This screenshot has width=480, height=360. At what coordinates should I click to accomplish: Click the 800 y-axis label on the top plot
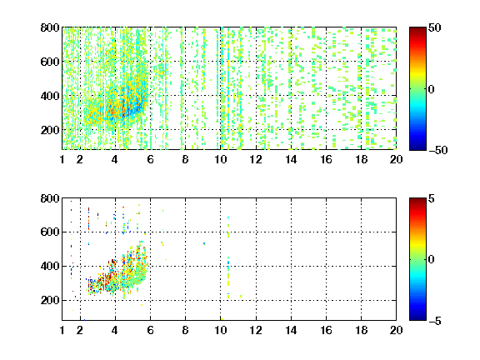click(x=50, y=27)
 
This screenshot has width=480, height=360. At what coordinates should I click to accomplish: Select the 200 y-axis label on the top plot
click(x=50, y=130)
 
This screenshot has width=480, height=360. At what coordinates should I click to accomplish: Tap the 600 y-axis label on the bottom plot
click(x=50, y=232)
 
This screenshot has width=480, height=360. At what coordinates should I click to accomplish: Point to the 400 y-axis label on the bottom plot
click(x=50, y=266)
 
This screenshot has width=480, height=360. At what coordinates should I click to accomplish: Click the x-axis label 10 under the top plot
click(x=220, y=159)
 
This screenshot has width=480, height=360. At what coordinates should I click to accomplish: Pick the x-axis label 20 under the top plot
click(x=396, y=159)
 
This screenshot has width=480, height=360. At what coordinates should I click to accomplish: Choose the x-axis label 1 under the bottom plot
click(x=62, y=330)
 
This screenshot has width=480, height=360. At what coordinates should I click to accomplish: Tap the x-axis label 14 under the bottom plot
click(x=291, y=330)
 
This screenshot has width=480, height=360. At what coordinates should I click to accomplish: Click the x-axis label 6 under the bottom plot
click(x=150, y=330)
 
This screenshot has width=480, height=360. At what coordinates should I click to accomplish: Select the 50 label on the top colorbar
click(x=435, y=27)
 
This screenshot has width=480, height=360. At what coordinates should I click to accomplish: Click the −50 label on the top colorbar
click(x=438, y=150)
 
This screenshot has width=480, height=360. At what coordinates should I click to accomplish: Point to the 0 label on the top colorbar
click(x=432, y=89)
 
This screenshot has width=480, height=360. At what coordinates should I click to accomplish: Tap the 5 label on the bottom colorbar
click(x=432, y=198)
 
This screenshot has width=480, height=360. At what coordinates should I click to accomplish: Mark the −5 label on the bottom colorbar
click(x=435, y=321)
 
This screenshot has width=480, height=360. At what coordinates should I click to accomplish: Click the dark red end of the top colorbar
click(x=417, y=29)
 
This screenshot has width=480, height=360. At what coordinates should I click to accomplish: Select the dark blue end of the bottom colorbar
click(x=417, y=318)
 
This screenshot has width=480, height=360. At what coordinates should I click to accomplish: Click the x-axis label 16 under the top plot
click(x=326, y=159)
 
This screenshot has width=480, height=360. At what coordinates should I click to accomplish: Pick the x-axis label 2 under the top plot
click(x=80, y=159)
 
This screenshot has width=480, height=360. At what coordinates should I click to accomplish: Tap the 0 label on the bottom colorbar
click(x=432, y=260)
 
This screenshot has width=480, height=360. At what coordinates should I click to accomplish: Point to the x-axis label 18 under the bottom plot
click(x=361, y=330)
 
